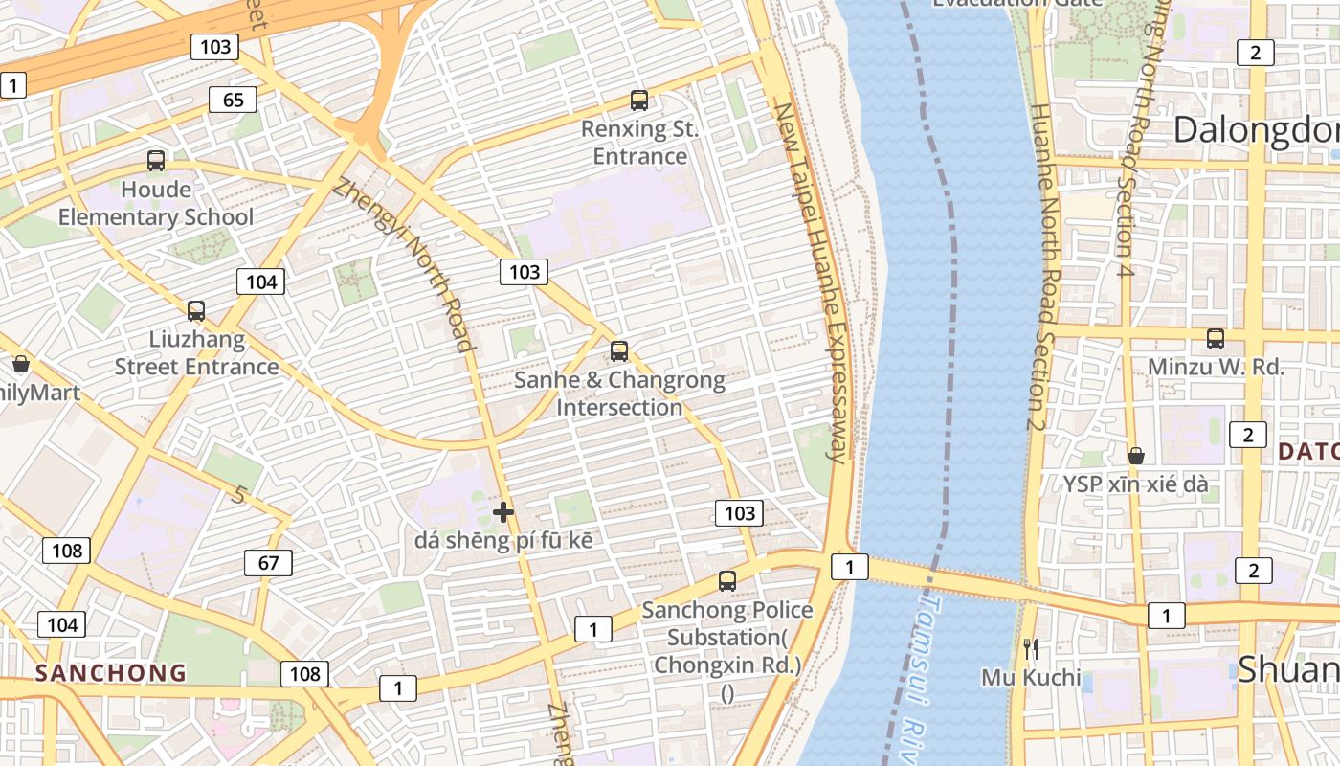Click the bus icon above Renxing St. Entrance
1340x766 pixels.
tap(639, 100)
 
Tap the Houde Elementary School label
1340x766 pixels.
tap(156, 204)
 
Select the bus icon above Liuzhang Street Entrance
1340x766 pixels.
tap(196, 310)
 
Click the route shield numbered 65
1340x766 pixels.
tap(233, 100)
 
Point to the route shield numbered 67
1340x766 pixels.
tap(268, 563)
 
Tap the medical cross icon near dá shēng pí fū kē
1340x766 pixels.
tap(503, 512)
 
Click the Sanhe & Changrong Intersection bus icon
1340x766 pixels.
tap(619, 351)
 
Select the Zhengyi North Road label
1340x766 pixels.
tap(403, 266)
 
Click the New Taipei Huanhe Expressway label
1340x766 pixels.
tap(812, 282)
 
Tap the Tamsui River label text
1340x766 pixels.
tap(914, 670)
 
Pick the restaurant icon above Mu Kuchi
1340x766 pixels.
tap(1031, 649)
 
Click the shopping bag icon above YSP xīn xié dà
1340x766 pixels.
tap(1136, 456)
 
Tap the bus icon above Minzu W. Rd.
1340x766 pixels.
tap(1216, 338)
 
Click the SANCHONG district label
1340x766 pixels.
tap(111, 672)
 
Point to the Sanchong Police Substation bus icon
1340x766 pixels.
tap(727, 580)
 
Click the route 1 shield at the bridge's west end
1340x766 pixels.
tap(849, 567)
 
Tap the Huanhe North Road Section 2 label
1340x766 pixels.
tap(1040, 268)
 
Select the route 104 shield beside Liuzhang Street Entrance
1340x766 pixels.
tap(260, 282)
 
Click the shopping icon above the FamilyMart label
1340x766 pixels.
tap(21, 364)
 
